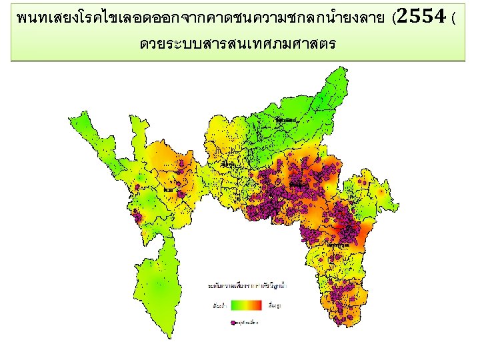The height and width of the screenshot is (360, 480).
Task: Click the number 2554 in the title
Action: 423,17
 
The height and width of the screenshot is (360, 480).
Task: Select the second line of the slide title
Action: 237,45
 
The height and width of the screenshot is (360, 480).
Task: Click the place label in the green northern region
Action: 289,120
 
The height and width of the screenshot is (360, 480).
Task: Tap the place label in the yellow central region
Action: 231,164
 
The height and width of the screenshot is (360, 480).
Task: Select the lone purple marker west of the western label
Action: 137,188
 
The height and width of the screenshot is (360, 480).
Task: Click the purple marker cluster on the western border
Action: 138,216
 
